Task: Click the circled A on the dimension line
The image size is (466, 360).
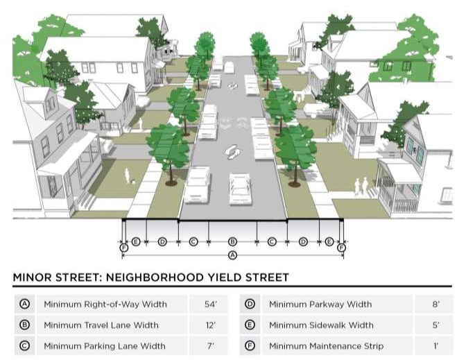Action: [x=232, y=255]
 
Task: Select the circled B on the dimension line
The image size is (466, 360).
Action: [x=232, y=241]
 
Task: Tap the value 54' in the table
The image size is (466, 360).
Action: [x=210, y=304]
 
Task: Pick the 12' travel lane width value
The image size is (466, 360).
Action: [x=210, y=325]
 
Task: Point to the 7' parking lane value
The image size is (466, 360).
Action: [x=210, y=345]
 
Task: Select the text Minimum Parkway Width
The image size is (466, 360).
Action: [x=320, y=304]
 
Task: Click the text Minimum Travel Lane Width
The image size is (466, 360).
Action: [x=101, y=325]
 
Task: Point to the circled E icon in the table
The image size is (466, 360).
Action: [x=250, y=325]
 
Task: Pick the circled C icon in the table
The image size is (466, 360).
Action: [x=25, y=345]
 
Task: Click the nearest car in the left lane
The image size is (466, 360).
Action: [x=198, y=185]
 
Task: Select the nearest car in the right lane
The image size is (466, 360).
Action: [x=240, y=186]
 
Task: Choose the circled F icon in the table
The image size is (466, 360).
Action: [x=250, y=345]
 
